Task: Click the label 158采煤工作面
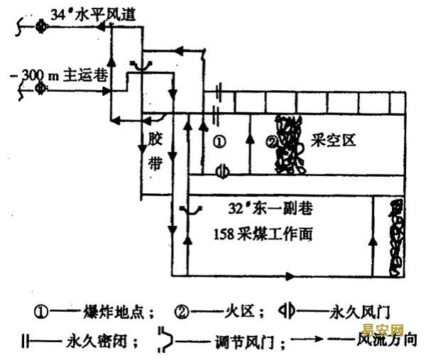click(268, 233)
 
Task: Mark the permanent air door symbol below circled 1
click(220, 171)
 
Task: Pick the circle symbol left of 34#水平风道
click(41, 27)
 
